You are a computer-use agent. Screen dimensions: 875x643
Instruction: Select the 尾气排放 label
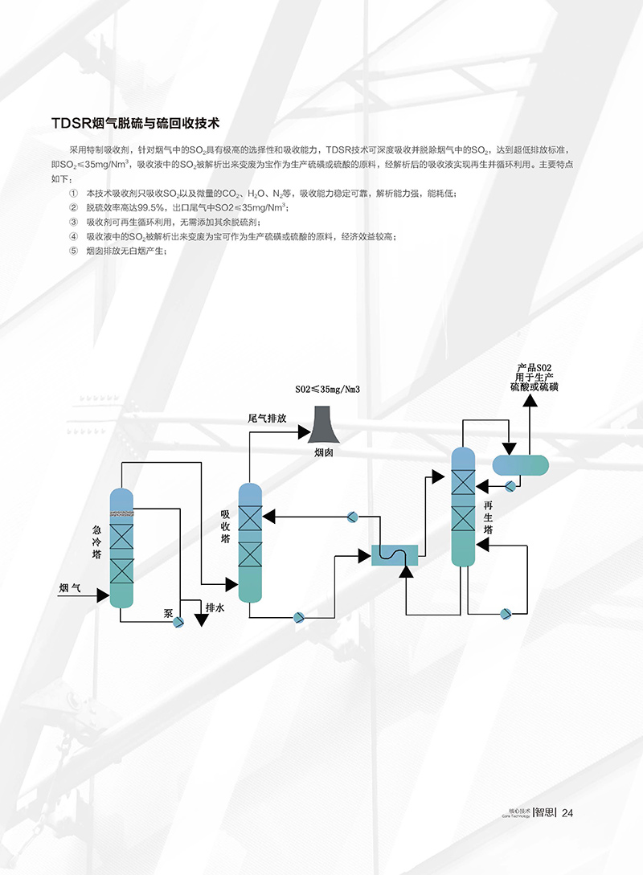[267, 419]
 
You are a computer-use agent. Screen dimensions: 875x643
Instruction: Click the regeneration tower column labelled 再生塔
[464, 506]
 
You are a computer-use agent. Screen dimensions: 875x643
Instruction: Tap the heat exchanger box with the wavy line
[395, 554]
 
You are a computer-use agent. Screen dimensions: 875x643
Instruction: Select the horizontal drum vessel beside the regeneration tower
[520, 464]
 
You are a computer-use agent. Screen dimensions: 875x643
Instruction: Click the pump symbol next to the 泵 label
[178, 622]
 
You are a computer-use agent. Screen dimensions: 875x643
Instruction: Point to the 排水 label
[215, 608]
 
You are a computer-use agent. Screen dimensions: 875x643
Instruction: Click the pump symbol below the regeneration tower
[505, 614]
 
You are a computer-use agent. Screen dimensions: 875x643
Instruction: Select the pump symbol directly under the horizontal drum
[510, 485]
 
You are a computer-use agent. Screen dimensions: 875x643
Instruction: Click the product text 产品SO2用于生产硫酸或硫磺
[533, 378]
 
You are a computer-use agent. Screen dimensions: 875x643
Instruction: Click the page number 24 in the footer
[567, 812]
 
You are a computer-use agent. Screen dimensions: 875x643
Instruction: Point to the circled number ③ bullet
[74, 222]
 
